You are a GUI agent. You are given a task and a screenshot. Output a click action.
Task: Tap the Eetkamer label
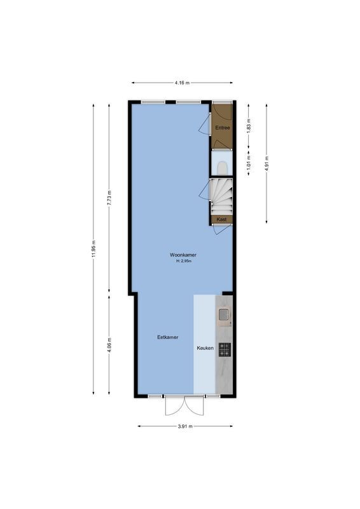coord(167,337)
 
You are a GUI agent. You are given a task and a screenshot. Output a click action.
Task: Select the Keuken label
coord(204,349)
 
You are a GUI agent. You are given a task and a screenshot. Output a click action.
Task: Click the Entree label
coord(222,128)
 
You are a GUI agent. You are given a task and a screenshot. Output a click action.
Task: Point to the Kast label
coord(222,219)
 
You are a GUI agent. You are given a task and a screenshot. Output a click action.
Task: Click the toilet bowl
coord(222,167)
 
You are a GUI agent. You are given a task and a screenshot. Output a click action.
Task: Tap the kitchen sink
coord(224,314)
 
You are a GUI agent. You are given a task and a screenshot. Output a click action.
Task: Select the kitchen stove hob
coord(225,349)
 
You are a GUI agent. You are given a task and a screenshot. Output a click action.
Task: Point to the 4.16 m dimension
coord(182,83)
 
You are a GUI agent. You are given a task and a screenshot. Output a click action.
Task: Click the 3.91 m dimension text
coord(186,426)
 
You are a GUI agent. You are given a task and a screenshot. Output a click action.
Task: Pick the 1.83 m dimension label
coord(249,125)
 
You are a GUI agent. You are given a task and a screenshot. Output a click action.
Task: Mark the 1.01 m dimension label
coord(249,164)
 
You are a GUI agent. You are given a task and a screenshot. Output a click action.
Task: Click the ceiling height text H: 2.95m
coord(183,261)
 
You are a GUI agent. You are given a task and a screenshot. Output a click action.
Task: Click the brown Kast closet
coord(222,220)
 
